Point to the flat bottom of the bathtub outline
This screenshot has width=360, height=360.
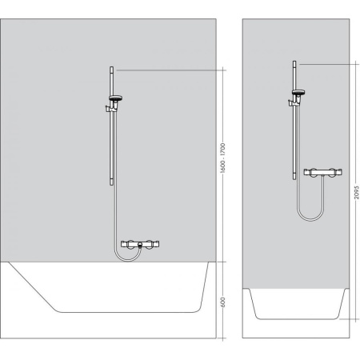tap(128, 312)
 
